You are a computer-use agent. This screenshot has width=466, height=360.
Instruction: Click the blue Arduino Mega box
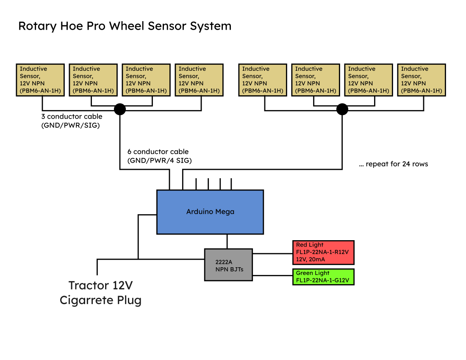click(210, 212)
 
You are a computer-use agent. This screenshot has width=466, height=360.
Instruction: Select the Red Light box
click(323, 252)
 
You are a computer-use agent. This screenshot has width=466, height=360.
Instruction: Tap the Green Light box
click(323, 277)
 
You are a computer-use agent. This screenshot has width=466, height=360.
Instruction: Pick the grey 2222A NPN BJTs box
click(228, 264)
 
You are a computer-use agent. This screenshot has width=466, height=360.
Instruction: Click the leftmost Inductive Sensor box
click(40, 80)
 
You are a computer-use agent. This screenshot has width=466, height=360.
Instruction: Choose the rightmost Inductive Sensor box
click(422, 80)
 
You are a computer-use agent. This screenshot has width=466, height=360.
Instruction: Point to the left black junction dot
click(120, 109)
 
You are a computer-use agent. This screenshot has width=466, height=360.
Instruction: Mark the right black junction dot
click(342, 109)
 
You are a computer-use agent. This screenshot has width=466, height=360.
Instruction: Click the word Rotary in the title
click(37, 26)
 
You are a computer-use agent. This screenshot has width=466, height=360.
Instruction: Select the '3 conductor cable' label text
click(72, 116)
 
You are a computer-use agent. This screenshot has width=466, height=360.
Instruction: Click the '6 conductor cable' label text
click(158, 152)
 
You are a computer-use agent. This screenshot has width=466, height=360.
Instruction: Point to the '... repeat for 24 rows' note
click(393, 164)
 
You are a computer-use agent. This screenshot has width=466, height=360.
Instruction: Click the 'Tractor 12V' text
click(101, 285)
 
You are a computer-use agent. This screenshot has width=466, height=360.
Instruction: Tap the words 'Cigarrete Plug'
click(100, 300)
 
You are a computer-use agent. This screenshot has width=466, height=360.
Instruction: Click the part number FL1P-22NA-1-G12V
click(322, 280)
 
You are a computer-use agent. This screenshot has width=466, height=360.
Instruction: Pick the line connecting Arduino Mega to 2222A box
click(227, 241)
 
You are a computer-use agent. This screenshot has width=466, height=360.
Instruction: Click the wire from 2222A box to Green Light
click(272, 276)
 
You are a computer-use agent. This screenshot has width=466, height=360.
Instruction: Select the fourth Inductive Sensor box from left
click(199, 80)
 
